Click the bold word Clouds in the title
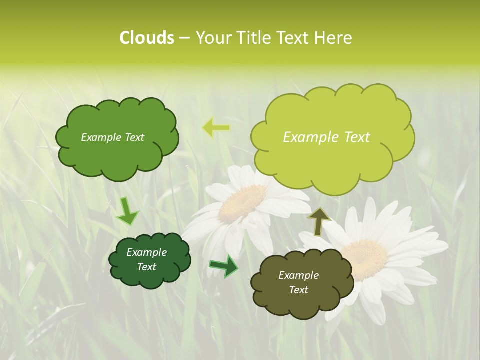coord(146,38)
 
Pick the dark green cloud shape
coord(149,260)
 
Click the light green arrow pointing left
coord(216,128)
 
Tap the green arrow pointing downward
coord(127,211)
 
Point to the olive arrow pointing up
coord(319,221)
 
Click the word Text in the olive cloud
coord(298,290)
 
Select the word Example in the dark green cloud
coord(146,252)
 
